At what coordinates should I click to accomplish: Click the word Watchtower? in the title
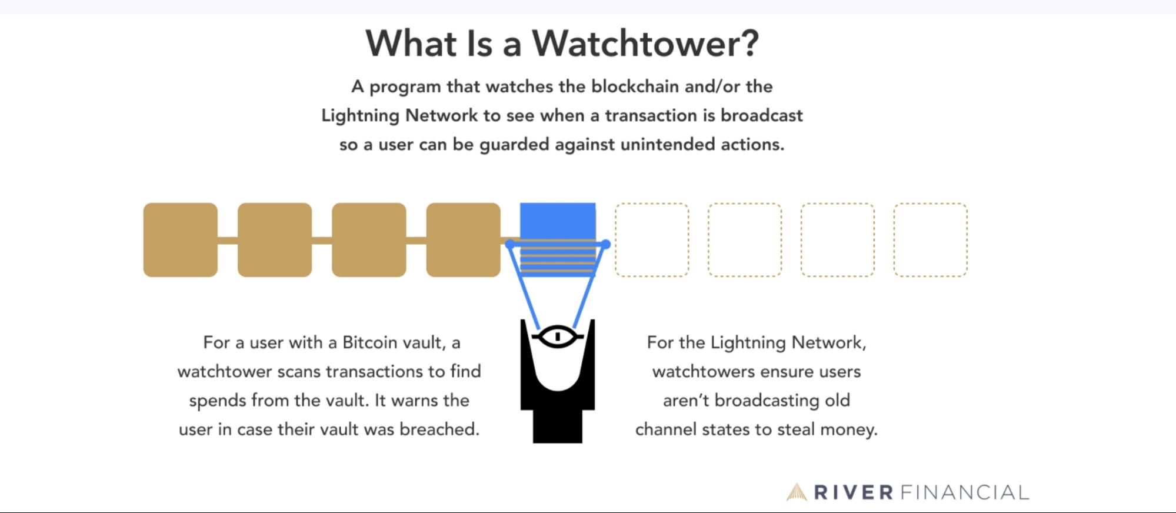click(x=645, y=44)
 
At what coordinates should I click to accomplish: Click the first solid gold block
click(x=180, y=239)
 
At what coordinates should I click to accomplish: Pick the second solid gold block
click(x=275, y=239)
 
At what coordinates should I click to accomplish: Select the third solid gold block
click(x=369, y=239)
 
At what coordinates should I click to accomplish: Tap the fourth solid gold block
click(x=463, y=239)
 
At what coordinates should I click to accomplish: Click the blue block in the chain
click(x=557, y=221)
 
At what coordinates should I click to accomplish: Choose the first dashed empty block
click(x=652, y=239)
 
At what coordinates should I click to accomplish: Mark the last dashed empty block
click(x=930, y=239)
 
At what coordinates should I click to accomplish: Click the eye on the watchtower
click(x=557, y=337)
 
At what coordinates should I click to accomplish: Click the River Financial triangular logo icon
click(x=797, y=492)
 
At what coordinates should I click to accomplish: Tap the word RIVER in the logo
click(x=854, y=492)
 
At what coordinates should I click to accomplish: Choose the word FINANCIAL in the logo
click(x=965, y=492)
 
